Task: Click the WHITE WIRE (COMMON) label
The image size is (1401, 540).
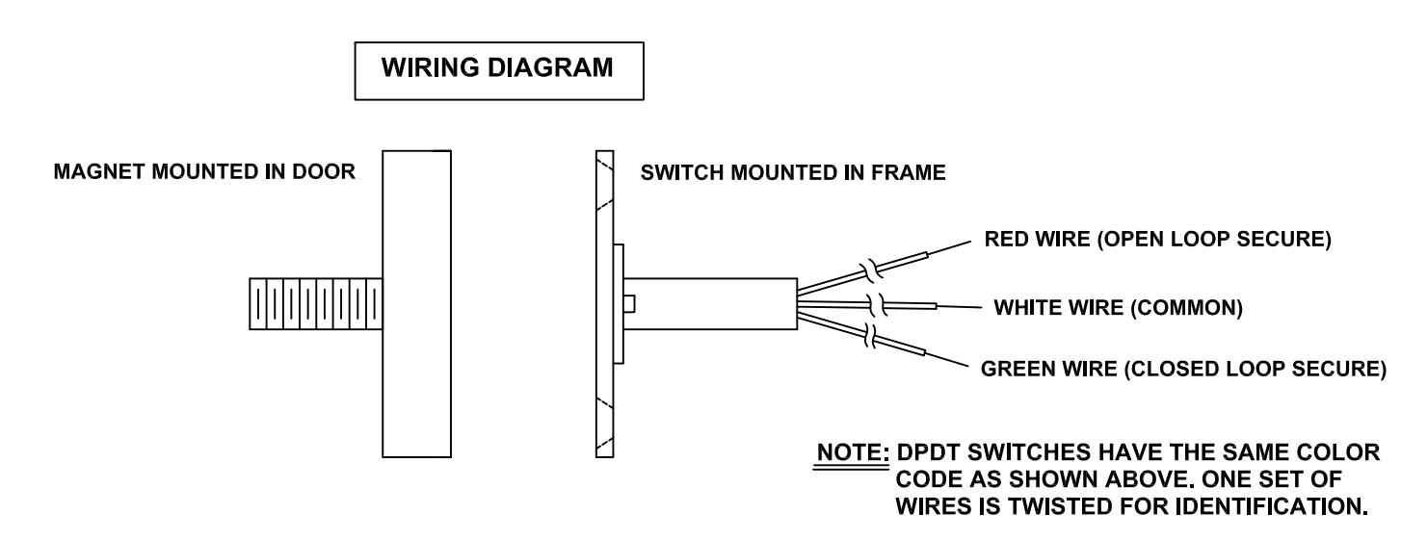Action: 1119,307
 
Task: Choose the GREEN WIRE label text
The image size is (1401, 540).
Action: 1183,369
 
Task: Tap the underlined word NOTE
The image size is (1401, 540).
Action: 852,451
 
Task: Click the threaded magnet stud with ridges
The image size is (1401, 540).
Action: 316,304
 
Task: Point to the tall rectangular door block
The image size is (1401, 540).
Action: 416,304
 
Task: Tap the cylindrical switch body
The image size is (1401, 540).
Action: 710,304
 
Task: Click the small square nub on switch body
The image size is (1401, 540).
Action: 630,304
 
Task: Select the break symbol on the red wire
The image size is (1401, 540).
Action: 871,270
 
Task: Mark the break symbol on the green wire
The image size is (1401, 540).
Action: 870,336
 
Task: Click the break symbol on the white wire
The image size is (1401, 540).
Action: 878,305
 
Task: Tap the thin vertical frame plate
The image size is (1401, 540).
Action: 605,304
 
